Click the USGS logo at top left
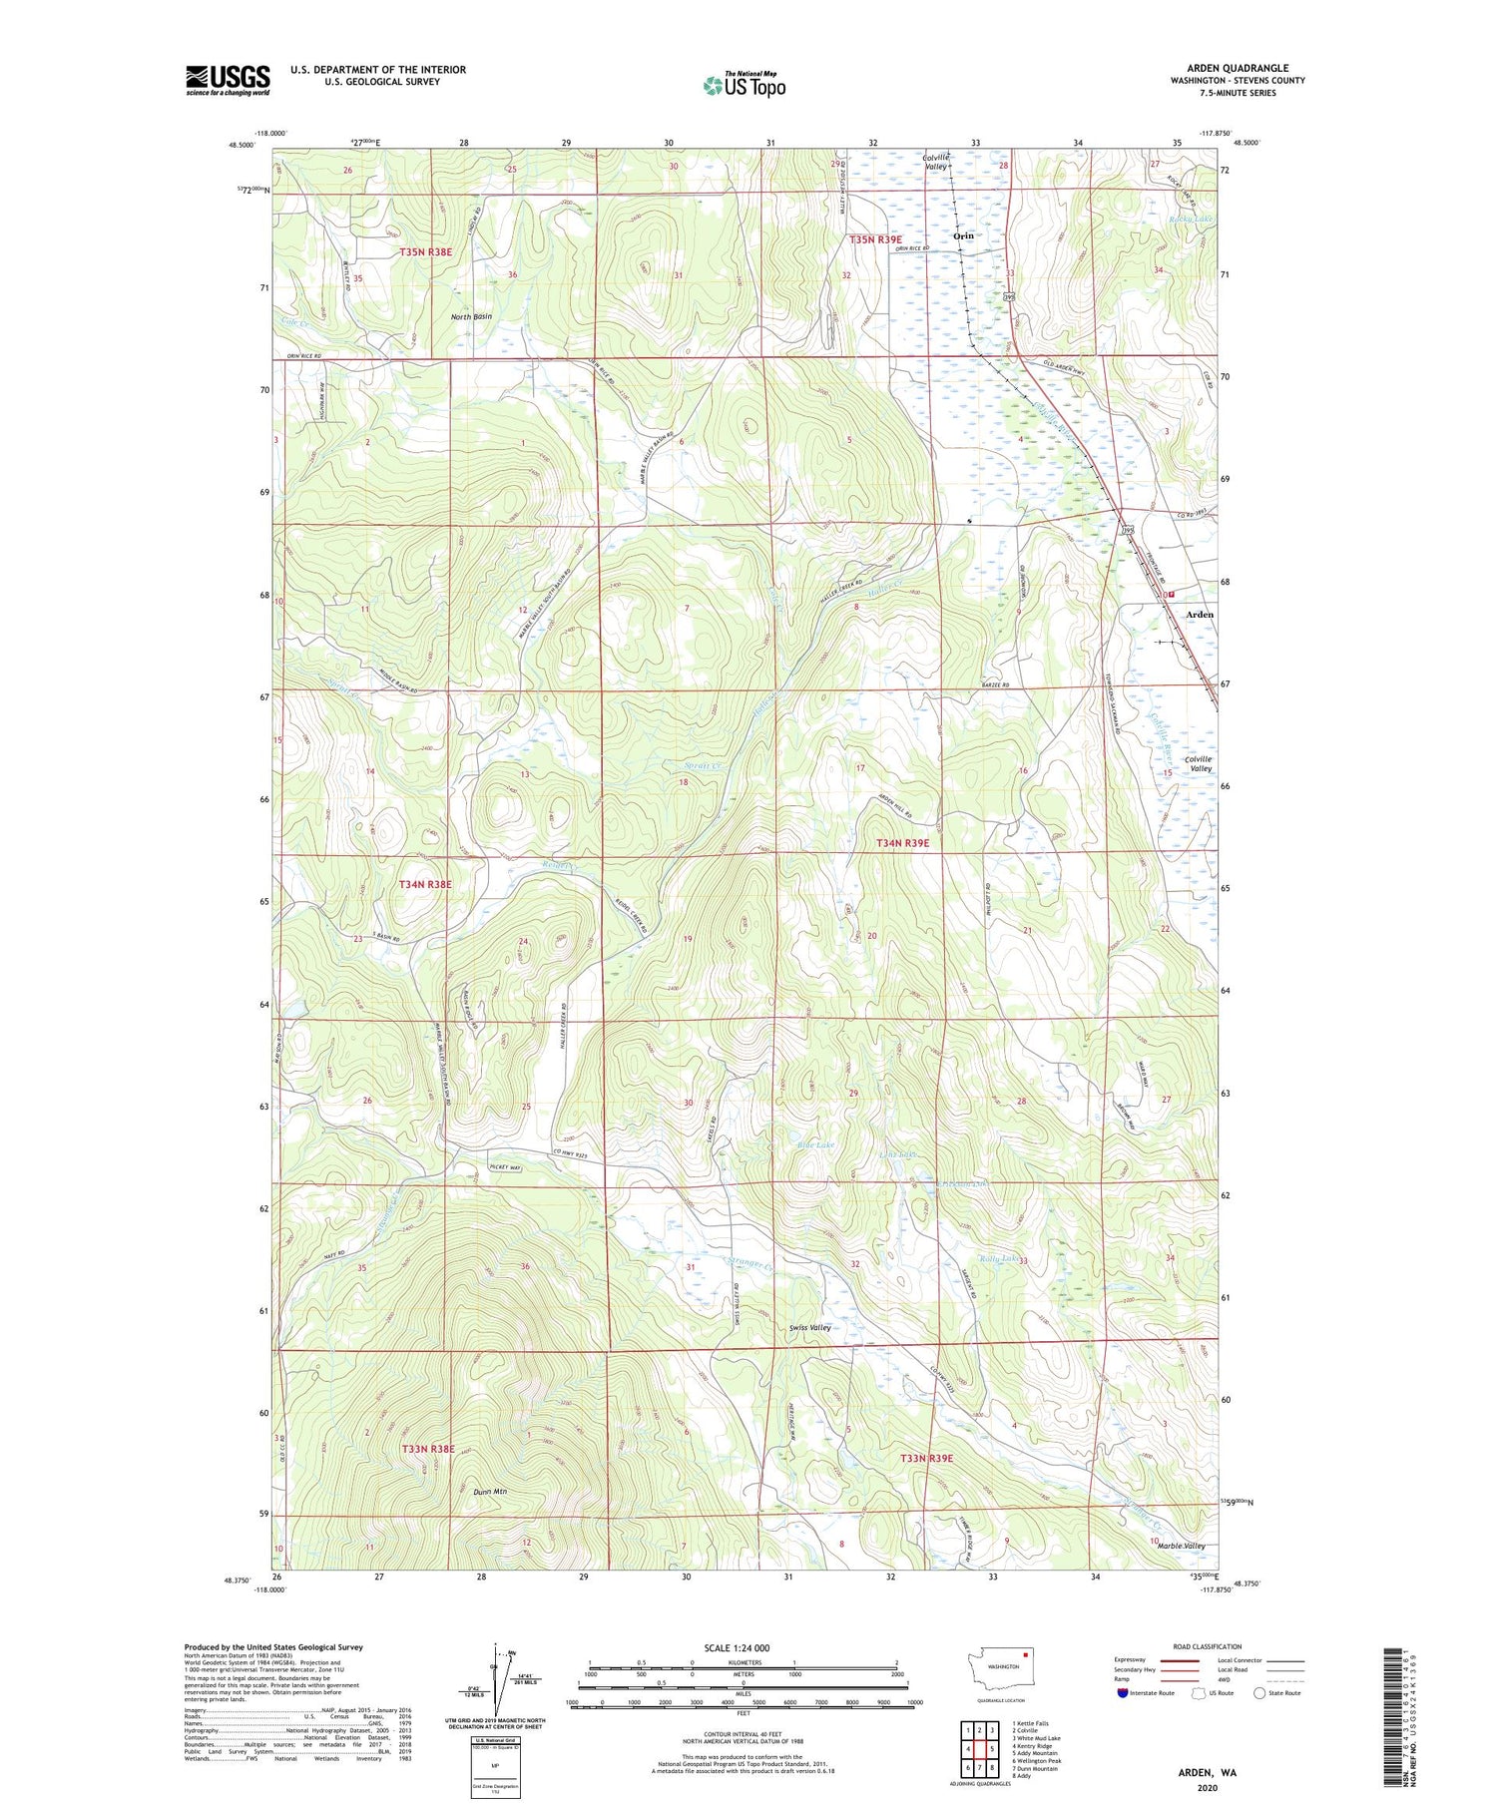tap(228, 80)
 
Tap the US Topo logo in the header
tap(745, 85)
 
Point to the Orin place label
tap(964, 236)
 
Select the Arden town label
tap(1199, 615)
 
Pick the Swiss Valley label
tap(809, 1327)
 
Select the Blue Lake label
tap(815, 1144)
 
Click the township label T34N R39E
tap(902, 843)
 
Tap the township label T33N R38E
tap(427, 1448)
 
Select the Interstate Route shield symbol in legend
tap(1122, 1693)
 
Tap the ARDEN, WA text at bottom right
tap(1207, 1773)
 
